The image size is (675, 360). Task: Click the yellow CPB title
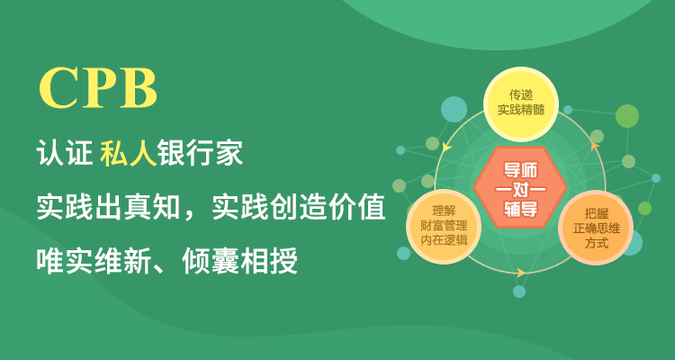tap(98, 87)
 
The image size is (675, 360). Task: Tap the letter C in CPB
tap(57, 87)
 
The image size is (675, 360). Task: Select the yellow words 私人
tap(129, 152)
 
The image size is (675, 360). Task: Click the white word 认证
tap(65, 152)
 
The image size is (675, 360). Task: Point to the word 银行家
tap(201, 152)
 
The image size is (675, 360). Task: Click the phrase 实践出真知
tap(109, 207)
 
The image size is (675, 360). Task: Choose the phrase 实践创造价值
tap(298, 207)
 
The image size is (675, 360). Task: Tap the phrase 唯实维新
tap(94, 261)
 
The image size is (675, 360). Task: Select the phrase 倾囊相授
tap(239, 261)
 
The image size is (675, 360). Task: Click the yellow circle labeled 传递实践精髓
tap(521, 104)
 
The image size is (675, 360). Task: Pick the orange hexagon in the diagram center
tap(520, 187)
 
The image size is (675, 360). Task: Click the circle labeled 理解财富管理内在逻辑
tap(444, 227)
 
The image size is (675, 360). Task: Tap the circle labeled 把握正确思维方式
tap(596, 228)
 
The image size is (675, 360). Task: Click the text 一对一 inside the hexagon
tap(520, 190)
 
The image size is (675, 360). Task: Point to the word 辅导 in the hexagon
tap(520, 209)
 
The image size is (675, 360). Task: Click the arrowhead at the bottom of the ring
tap(521, 273)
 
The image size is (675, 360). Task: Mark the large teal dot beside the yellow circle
tap(454, 109)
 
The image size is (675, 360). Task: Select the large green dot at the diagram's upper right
tap(627, 116)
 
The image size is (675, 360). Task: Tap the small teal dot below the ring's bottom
tap(519, 292)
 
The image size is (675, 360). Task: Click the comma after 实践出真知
tap(189, 215)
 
